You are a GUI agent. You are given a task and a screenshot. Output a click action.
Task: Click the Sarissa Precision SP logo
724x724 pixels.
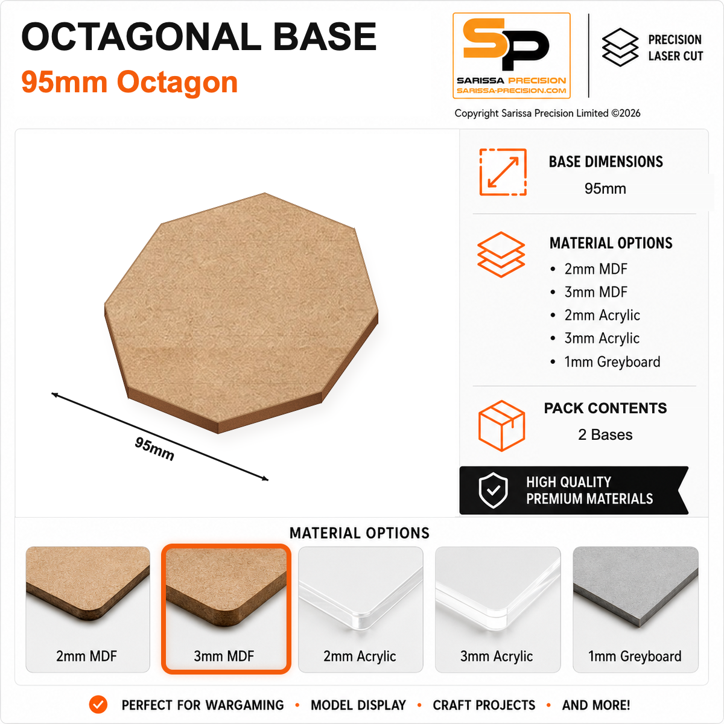(512, 56)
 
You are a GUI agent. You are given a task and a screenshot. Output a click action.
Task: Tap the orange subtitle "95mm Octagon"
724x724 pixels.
(130, 82)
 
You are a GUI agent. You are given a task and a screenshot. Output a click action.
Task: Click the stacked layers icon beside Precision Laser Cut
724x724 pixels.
(620, 47)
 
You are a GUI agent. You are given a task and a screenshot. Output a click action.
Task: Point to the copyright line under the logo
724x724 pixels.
(547, 113)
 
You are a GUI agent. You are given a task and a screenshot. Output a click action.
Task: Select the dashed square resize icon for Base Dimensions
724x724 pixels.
(503, 172)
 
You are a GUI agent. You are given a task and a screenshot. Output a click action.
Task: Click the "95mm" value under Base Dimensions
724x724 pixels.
(605, 189)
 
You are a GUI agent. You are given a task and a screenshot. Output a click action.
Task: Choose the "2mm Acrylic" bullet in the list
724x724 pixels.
(602, 315)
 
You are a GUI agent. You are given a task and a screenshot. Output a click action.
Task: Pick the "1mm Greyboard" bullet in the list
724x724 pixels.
(612, 362)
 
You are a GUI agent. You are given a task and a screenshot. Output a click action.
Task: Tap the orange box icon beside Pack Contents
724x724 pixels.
(501, 425)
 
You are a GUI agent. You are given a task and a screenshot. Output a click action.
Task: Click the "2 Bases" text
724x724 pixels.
(605, 434)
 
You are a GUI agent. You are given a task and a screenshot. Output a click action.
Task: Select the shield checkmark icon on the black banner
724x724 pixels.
(494, 491)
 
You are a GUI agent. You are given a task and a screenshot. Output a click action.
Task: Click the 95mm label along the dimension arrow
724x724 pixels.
(154, 449)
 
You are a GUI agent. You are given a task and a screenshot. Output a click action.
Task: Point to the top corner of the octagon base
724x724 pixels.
(264, 193)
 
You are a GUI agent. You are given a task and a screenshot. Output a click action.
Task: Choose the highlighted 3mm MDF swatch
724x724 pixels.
(226, 609)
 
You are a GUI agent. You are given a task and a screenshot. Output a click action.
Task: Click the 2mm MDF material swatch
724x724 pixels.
(87, 609)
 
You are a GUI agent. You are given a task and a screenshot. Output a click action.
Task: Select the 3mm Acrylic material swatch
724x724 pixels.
(497, 609)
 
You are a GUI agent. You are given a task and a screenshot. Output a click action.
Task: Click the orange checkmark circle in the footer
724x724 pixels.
(98, 705)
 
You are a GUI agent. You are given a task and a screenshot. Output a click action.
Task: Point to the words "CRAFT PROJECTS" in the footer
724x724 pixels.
(484, 705)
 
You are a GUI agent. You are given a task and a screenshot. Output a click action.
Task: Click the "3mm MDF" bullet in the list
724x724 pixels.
(595, 292)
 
